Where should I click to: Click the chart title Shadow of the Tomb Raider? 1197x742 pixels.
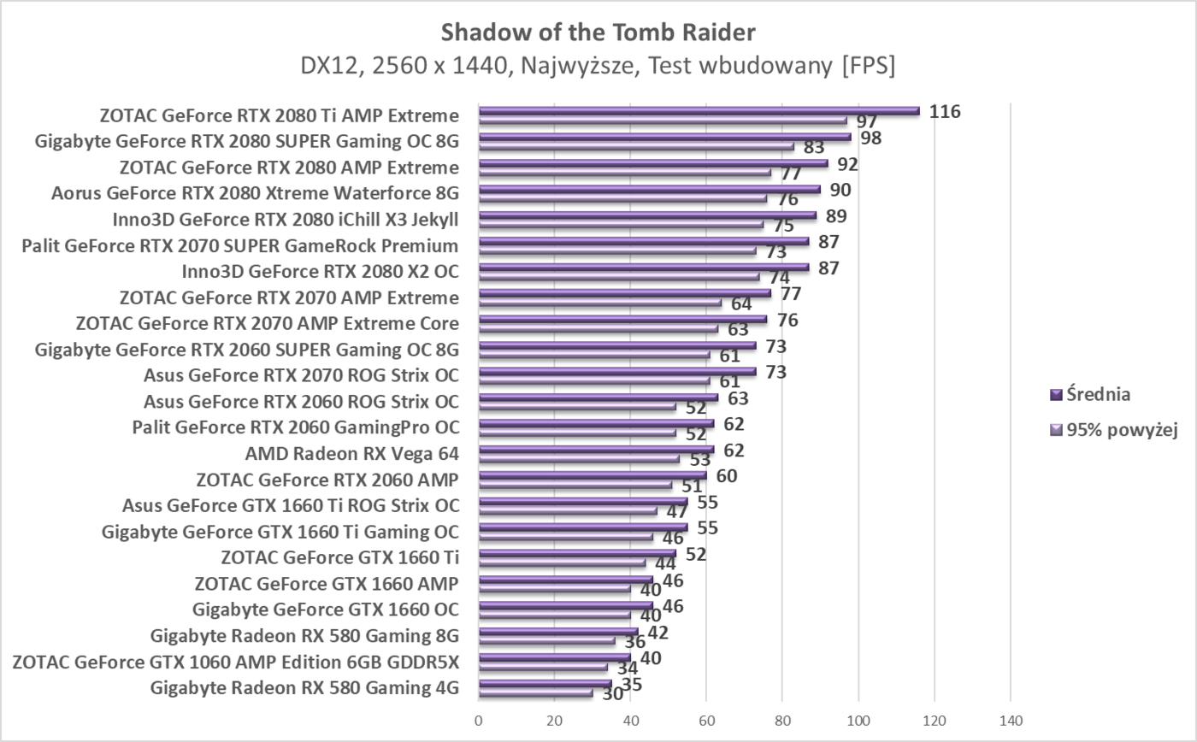click(x=598, y=32)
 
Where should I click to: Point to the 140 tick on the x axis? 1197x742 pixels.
click(x=1010, y=721)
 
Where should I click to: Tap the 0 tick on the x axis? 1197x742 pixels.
click(x=479, y=721)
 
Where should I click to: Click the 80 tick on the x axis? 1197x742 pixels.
click(x=782, y=721)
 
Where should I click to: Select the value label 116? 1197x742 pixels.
click(x=946, y=112)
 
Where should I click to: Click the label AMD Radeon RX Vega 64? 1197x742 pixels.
click(x=351, y=453)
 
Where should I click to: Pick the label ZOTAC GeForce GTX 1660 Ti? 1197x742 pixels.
click(x=339, y=557)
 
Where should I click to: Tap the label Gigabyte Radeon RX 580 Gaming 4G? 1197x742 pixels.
click(x=304, y=687)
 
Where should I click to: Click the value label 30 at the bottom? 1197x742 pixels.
click(x=612, y=694)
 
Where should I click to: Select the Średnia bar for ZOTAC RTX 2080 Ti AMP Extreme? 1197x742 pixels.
click(x=699, y=110)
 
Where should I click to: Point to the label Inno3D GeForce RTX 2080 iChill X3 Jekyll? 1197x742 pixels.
click(x=286, y=220)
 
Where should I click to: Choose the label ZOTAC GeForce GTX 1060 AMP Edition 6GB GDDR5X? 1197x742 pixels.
click(x=236, y=662)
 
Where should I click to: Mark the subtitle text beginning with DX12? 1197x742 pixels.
click(x=598, y=66)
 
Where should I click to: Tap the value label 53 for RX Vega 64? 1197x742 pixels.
click(x=699, y=461)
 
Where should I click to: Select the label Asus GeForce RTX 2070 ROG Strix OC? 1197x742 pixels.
click(x=301, y=375)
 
